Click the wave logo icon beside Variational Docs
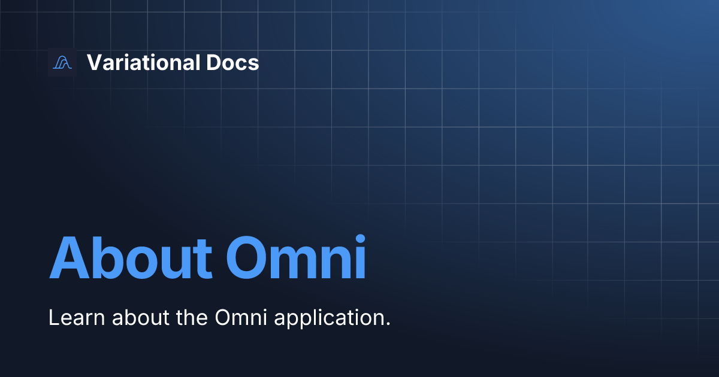pyautogui.click(x=62, y=62)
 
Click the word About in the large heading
pyautogui.click(x=130, y=259)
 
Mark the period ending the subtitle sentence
pyautogui.click(x=387, y=324)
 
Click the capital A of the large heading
pyautogui.click(x=68, y=259)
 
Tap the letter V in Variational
pyautogui.click(x=93, y=62)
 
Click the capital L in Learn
pyautogui.click(x=53, y=318)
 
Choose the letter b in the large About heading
pyautogui.click(x=107, y=259)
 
